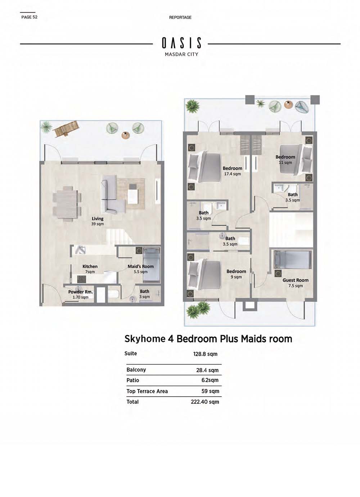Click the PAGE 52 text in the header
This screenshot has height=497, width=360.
pyautogui.click(x=29, y=17)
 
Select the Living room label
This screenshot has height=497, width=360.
pyautogui.click(x=98, y=219)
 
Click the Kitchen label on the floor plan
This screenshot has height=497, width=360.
pyautogui.click(x=90, y=266)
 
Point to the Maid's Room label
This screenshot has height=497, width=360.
pyautogui.click(x=140, y=266)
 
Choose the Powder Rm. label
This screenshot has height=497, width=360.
pyautogui.click(x=80, y=292)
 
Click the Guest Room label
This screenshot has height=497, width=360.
pyautogui.click(x=296, y=280)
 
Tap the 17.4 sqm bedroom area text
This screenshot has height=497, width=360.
pyautogui.click(x=232, y=174)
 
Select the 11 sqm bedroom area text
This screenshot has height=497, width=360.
pyautogui.click(x=285, y=163)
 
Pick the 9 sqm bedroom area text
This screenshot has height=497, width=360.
pyautogui.click(x=236, y=277)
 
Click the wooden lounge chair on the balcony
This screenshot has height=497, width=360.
pyautogui.click(x=67, y=128)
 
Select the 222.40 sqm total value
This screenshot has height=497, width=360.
pyautogui.click(x=205, y=402)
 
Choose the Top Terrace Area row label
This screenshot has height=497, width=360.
pyautogui.click(x=147, y=391)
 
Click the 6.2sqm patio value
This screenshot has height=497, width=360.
pyautogui.click(x=210, y=380)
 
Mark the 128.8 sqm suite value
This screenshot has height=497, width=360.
pyautogui.click(x=205, y=354)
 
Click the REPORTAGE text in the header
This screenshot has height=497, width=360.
pyautogui.click(x=180, y=17)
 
